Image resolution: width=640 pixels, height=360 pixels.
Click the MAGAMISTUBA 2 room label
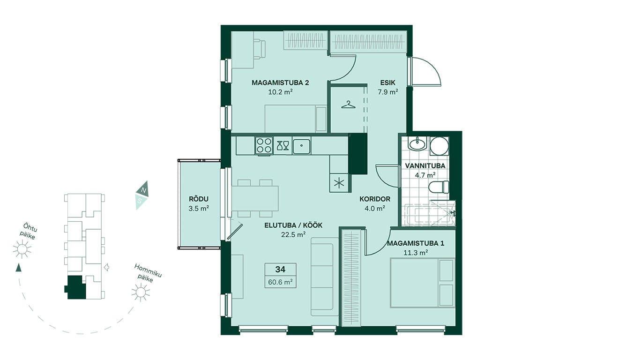280,83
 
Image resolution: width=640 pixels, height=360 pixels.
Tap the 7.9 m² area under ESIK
388,92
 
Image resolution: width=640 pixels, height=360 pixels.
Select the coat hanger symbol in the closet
348,105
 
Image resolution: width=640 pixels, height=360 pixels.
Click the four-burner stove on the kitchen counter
264,145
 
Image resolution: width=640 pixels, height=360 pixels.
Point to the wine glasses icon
283,145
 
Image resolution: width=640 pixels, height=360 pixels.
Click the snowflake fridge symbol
339,183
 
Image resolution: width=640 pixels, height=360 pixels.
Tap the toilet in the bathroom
439,187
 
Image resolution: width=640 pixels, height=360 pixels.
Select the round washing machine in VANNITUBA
439,146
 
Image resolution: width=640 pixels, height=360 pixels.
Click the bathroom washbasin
417,143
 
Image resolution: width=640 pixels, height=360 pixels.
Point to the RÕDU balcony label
199,199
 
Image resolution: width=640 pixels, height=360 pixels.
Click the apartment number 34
280,270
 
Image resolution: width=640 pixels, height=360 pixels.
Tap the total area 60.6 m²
280,282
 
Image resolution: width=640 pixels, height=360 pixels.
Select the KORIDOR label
374,199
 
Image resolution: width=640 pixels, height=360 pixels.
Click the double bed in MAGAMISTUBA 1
422,283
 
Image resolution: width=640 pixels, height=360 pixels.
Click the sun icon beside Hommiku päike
140,292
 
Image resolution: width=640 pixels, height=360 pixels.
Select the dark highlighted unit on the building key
75,287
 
